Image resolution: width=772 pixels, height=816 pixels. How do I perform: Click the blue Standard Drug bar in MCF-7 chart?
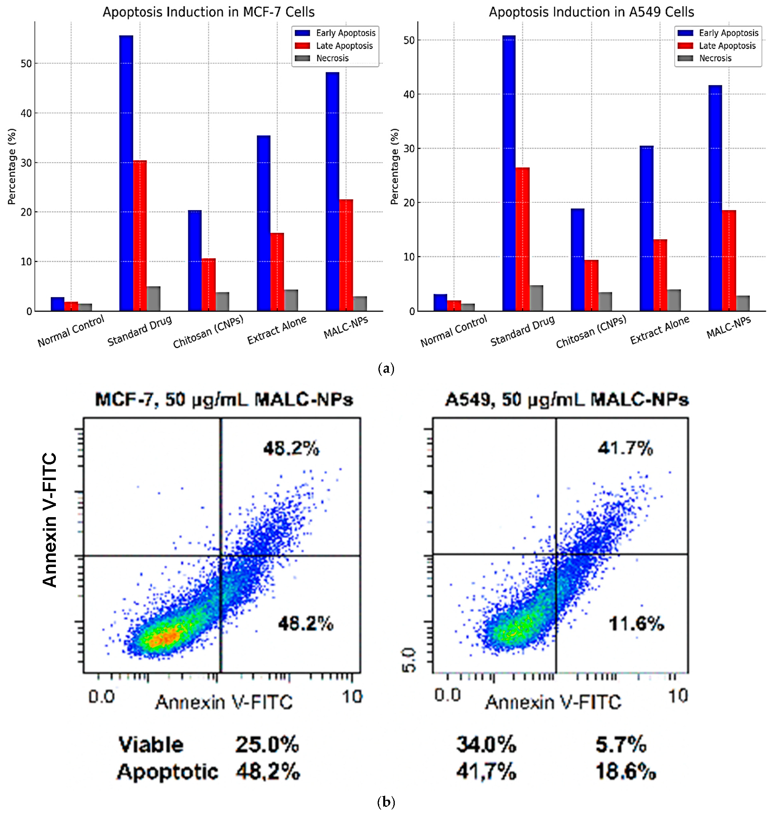click(x=126, y=173)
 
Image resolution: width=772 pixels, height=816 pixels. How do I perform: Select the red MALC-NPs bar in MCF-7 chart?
click(x=346, y=255)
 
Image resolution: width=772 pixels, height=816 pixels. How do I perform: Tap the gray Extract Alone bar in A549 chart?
click(x=674, y=300)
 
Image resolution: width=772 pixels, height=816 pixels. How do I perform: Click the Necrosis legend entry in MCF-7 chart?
click(x=332, y=58)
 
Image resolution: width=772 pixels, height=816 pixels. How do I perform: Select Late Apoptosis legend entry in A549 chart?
click(x=727, y=45)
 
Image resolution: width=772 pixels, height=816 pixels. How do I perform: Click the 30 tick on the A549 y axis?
click(x=409, y=148)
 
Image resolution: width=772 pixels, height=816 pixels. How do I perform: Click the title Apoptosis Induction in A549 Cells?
click(x=591, y=12)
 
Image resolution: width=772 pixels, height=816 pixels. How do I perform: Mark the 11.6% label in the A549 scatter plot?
click(x=636, y=624)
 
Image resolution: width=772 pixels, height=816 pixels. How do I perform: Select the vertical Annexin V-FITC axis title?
click(x=49, y=520)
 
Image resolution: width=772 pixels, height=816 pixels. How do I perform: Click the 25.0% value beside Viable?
click(x=267, y=745)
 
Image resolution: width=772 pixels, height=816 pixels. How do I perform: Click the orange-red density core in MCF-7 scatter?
click(x=164, y=638)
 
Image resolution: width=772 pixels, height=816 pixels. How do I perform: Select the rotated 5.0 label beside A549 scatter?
click(x=409, y=660)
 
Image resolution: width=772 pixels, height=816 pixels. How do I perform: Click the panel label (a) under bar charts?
click(x=386, y=369)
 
